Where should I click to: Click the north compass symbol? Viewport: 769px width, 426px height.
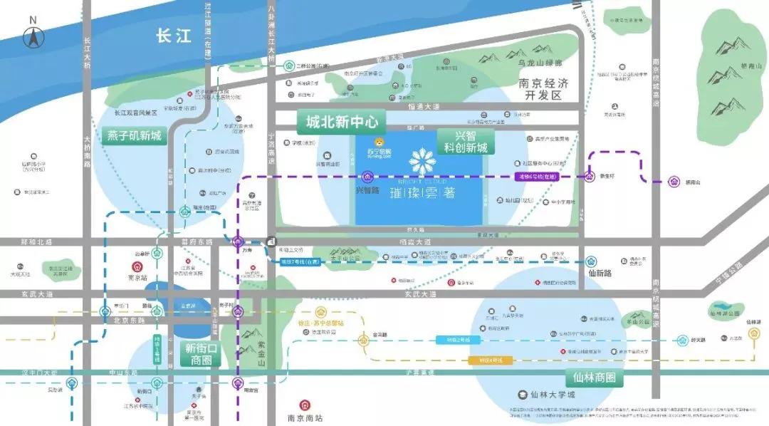click(x=32, y=36)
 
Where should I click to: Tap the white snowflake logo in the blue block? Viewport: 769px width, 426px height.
click(x=421, y=161)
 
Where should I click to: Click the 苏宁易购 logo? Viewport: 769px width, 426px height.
click(x=379, y=150)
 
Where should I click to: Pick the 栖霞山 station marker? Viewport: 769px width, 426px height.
click(x=674, y=182)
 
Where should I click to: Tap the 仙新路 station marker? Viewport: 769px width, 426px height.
click(x=590, y=261)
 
